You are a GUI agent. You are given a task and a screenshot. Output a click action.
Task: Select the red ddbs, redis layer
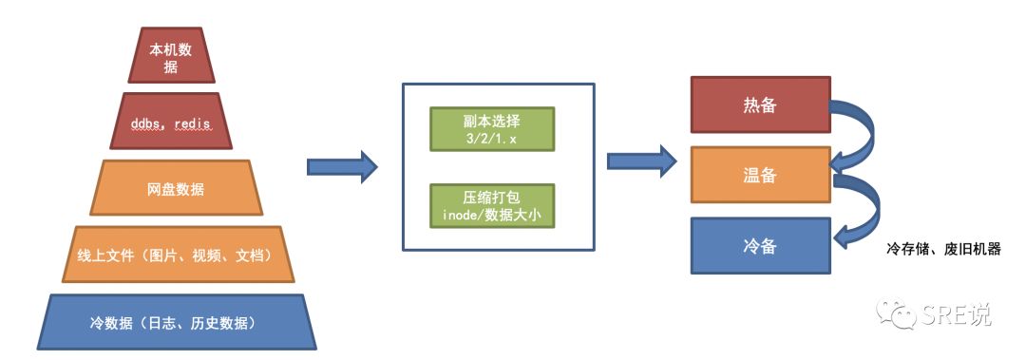[x=171, y=121]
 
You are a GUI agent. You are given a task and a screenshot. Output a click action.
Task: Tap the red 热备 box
[x=760, y=104]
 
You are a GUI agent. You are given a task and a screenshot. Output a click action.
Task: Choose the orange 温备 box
[x=760, y=175]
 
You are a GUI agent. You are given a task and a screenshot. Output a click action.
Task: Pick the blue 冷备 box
[x=760, y=246]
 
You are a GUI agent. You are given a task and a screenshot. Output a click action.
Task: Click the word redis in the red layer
[x=192, y=123]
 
